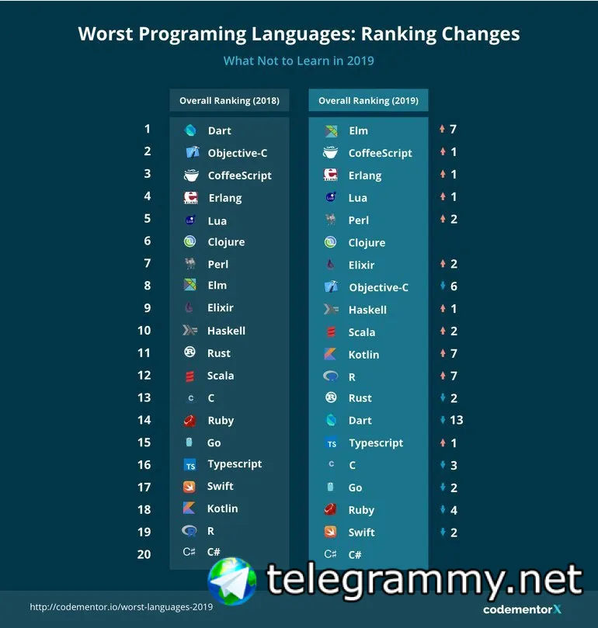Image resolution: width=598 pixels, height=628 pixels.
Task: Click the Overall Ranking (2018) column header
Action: click(229, 101)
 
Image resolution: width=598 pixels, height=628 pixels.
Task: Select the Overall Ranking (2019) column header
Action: click(368, 101)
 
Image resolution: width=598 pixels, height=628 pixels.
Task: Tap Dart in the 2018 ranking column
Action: click(219, 130)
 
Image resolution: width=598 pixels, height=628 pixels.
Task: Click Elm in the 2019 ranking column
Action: click(358, 131)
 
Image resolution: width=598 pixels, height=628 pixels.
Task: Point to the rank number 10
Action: click(144, 331)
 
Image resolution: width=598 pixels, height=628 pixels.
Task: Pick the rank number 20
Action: click(144, 553)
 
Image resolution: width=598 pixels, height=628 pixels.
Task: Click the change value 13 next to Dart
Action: click(456, 420)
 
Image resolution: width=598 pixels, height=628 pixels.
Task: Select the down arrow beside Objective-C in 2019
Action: click(442, 286)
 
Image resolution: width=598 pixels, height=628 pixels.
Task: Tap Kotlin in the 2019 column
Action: click(363, 354)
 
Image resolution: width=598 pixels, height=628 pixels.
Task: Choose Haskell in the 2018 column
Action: click(226, 331)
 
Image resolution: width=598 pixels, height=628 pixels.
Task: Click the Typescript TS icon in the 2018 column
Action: click(189, 465)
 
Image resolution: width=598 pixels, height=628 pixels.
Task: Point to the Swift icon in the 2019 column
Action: click(331, 533)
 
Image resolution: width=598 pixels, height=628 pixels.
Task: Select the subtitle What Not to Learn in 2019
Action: click(298, 61)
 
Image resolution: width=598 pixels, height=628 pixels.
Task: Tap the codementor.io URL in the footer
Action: click(121, 606)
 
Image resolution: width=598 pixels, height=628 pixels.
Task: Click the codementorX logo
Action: click(521, 609)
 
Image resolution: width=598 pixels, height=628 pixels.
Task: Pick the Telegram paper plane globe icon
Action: click(231, 581)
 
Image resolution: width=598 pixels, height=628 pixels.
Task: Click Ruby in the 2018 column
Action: click(221, 420)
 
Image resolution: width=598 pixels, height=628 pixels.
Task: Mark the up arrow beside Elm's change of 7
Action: click(442, 130)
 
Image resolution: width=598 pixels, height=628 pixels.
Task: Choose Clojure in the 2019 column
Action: click(367, 242)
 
